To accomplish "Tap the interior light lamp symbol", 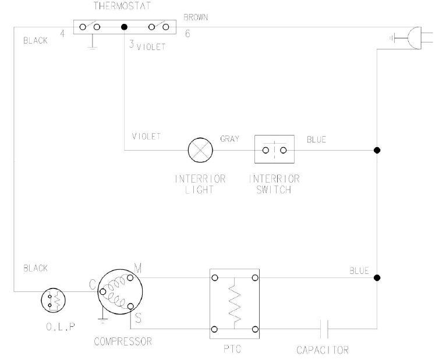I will (200, 150).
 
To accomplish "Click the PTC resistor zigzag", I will (235, 304).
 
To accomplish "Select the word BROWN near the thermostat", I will (196, 18).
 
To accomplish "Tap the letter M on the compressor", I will (138, 268).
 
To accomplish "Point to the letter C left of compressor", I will (92, 284).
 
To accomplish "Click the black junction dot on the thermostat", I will (123, 27).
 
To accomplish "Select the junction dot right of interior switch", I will (377, 150).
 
